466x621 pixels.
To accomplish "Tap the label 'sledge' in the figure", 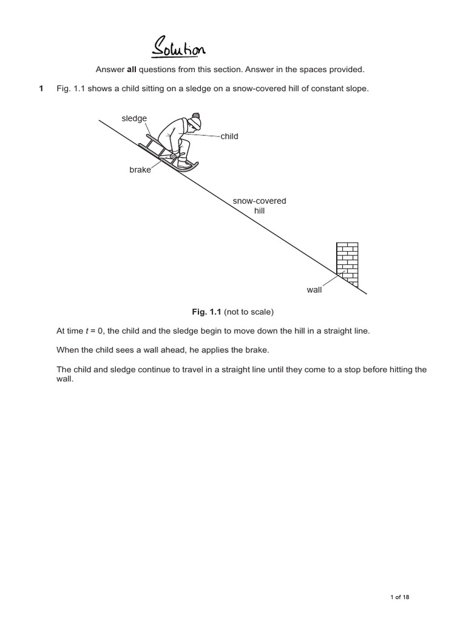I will (x=134, y=118).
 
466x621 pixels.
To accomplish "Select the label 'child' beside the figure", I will (x=229, y=136).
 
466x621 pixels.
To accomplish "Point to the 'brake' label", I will (x=140, y=170).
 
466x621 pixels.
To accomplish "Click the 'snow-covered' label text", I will (x=260, y=201).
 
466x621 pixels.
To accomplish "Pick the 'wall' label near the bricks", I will (x=314, y=290).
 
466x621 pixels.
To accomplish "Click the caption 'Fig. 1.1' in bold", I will (x=206, y=312).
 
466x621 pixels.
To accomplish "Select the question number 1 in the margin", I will (x=41, y=89).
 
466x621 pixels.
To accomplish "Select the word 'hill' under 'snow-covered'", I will (x=260, y=211).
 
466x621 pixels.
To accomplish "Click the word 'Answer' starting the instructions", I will (x=109, y=69).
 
